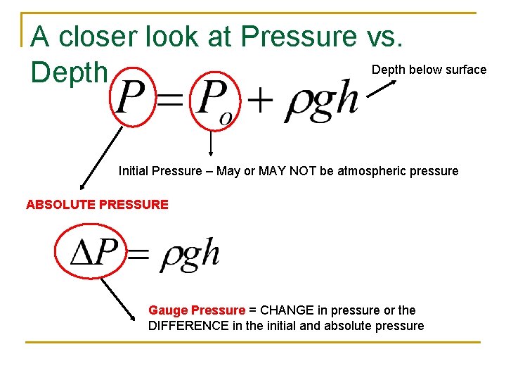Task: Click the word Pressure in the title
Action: click(299, 36)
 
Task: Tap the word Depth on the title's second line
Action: click(69, 72)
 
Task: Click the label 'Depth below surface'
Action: click(429, 70)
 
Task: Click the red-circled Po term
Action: click(214, 101)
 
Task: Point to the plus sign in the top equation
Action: click(260, 100)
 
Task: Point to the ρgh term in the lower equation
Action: click(190, 254)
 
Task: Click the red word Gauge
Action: click(167, 310)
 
